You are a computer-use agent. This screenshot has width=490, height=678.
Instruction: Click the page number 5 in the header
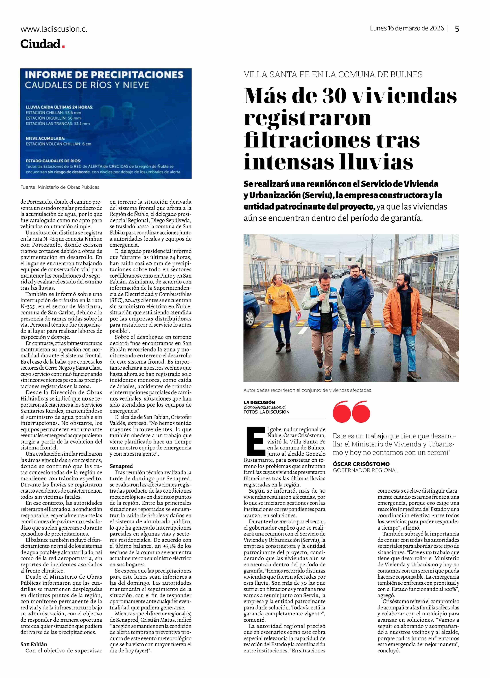[x=457, y=29]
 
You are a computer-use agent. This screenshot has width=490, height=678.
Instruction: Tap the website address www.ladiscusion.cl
[x=54, y=29]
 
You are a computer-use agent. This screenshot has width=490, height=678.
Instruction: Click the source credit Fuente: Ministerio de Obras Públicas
[x=60, y=187]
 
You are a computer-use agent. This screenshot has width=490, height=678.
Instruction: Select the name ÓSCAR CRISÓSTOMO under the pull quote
[x=361, y=464]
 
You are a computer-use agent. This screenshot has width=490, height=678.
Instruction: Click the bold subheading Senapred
[x=121, y=466]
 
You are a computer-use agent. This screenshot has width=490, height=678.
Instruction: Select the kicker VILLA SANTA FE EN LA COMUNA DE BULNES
[x=333, y=74]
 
